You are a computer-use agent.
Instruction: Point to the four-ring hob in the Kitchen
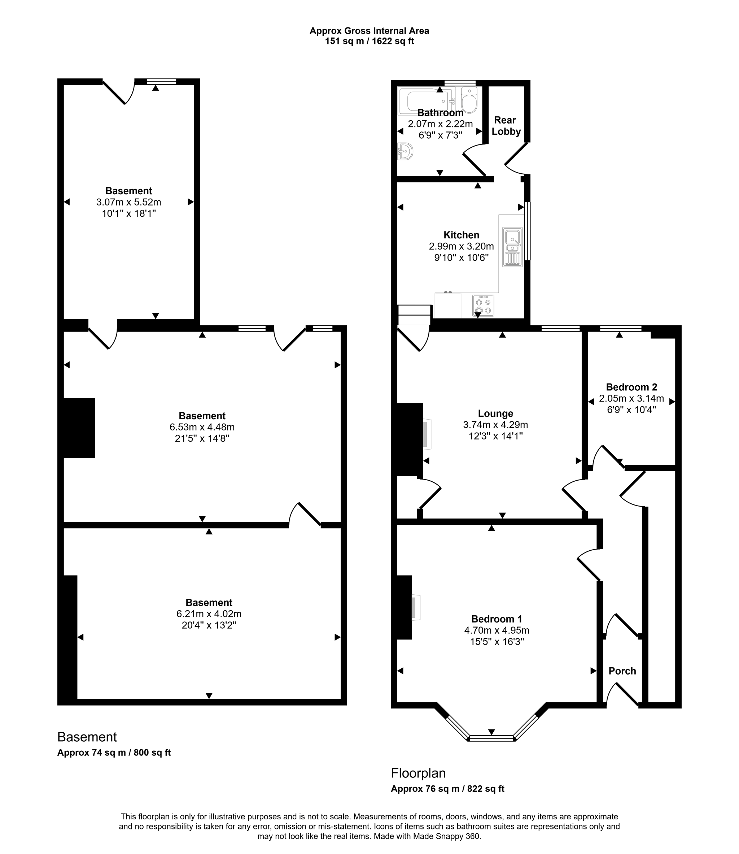(483, 305)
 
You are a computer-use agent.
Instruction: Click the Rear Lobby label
(506, 126)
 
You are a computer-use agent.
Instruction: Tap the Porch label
(622, 671)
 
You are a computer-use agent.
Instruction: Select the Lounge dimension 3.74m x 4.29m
(495, 425)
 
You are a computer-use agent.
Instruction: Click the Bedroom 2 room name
(631, 387)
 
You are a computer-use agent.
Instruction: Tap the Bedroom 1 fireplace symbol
(415, 607)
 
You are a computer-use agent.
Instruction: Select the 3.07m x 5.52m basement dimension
(129, 202)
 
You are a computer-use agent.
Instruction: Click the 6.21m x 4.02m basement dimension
(209, 614)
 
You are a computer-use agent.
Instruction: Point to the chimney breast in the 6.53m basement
(79, 428)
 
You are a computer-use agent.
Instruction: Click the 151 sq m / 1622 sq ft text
(369, 41)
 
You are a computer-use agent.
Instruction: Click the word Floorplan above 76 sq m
(418, 773)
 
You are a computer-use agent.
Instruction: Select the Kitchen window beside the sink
(528, 231)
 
